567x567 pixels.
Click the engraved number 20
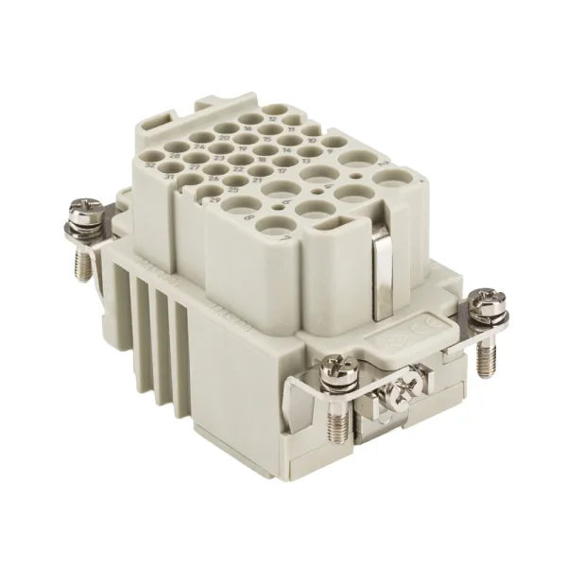(x=224, y=137)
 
